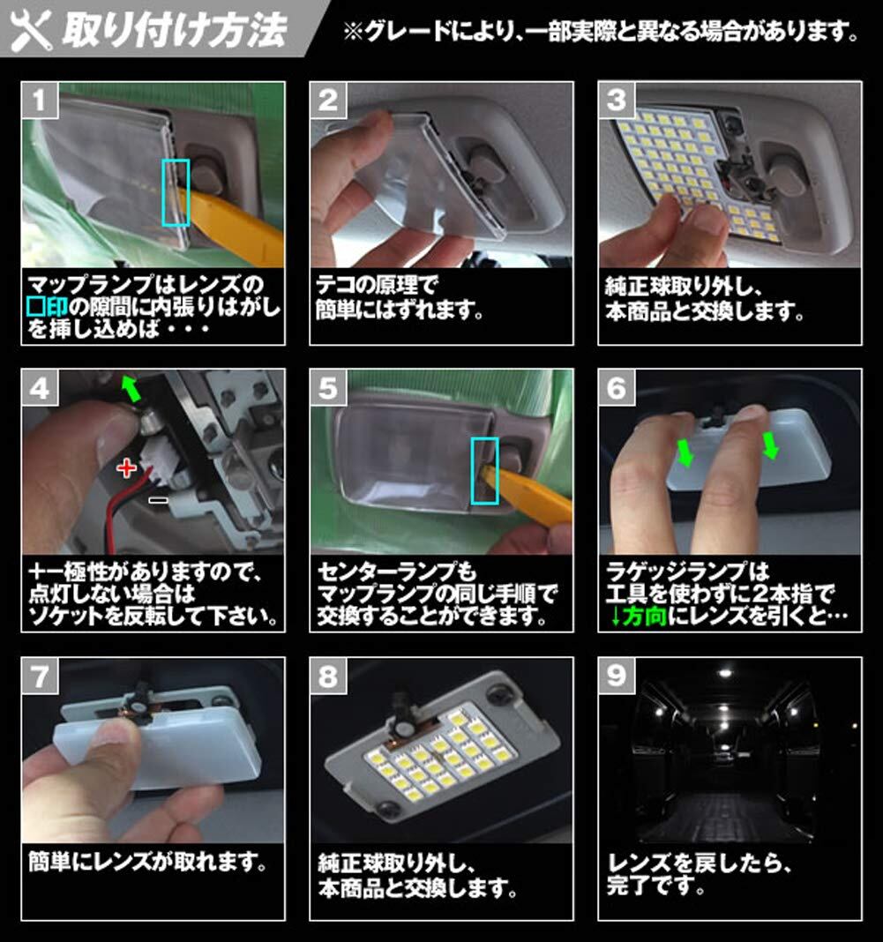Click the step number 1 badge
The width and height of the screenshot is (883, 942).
click(x=40, y=101)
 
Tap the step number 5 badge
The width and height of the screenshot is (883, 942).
click(x=328, y=388)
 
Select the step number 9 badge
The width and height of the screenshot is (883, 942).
click(x=617, y=676)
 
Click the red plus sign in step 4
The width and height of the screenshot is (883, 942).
click(x=126, y=467)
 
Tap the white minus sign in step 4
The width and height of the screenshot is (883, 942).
click(x=159, y=500)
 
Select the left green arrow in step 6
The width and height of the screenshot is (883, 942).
click(x=685, y=452)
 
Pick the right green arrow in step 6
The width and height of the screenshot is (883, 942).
click(x=770, y=445)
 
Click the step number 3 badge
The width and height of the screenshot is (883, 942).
click(x=617, y=101)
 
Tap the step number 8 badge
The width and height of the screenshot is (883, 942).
click(x=328, y=676)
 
